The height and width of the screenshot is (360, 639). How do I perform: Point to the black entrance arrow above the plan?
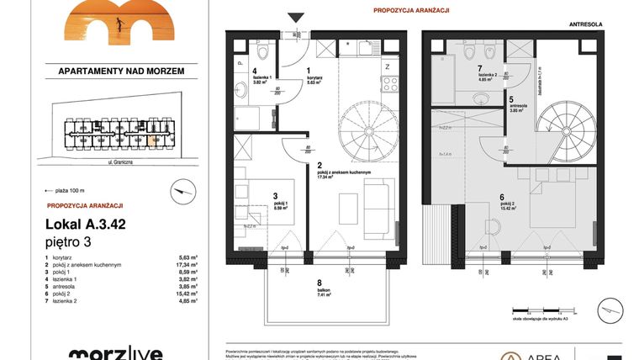[294, 18]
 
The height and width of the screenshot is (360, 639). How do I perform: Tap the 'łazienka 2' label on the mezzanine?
[488, 79]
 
